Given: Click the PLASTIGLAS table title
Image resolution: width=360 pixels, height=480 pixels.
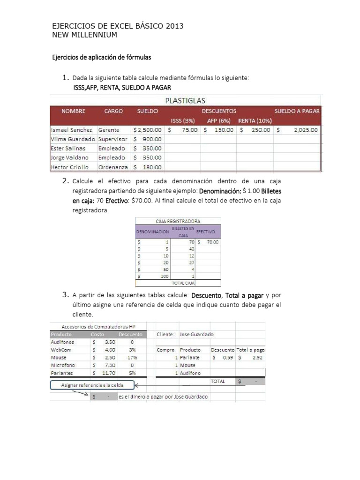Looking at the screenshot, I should pos(185,100).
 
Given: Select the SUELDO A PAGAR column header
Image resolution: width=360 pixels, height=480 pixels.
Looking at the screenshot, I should pos(297,111).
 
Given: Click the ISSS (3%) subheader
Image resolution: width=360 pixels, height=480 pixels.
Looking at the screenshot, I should pos(184,120).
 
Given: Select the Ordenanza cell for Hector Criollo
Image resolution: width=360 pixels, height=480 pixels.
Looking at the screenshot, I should pos(112,167).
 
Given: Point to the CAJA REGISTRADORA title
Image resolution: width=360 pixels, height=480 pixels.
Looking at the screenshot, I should pos(178,221).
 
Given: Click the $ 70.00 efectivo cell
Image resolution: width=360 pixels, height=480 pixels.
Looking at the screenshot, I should pos(208,242).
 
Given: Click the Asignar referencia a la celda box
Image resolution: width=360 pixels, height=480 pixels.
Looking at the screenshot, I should pos(92,385).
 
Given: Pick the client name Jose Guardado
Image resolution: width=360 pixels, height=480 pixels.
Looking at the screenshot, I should pos(196,335).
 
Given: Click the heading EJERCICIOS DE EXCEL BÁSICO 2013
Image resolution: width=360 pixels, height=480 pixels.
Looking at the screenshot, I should pos(117,27).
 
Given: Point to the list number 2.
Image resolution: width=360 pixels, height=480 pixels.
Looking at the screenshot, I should pos(66,181).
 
